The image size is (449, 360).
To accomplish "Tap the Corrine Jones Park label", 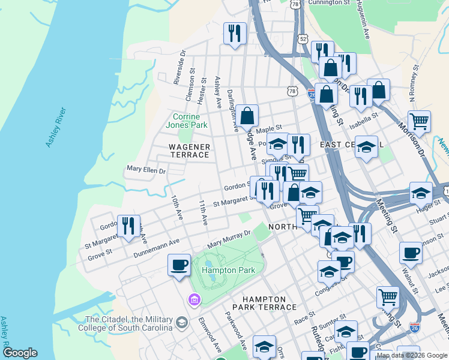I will [190, 121].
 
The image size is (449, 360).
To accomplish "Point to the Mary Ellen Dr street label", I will [145, 170].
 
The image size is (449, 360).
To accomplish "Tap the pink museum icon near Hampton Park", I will [194, 299].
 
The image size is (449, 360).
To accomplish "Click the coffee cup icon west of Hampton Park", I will [178, 265].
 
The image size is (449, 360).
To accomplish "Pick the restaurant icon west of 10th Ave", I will [128, 226].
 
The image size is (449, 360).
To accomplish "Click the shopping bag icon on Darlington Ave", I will [247, 115].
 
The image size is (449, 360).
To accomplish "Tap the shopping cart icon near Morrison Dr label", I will [418, 121].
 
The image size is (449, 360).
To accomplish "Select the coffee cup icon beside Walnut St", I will [411, 252].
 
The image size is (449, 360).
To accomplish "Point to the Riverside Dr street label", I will [178, 69].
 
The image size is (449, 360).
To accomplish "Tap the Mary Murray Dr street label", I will [228, 239].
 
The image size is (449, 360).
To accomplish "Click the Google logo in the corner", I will [20, 353].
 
